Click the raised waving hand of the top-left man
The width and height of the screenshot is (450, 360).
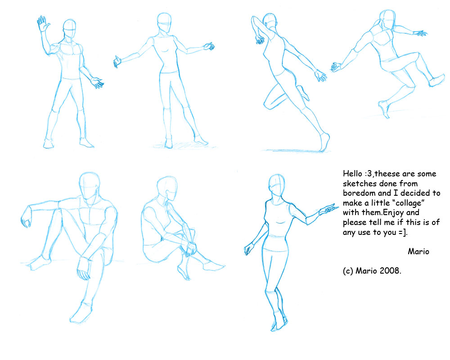click(x=43, y=24)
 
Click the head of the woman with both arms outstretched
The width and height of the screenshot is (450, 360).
click(x=164, y=22)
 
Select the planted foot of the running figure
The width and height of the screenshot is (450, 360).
click(x=324, y=144)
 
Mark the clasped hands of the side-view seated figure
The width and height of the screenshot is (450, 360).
click(x=192, y=247)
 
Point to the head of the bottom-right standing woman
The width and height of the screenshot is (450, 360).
click(x=276, y=184)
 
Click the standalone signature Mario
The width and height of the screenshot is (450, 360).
click(x=418, y=252)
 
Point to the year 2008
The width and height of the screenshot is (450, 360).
click(x=390, y=271)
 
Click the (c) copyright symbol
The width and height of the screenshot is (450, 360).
click(x=347, y=271)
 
